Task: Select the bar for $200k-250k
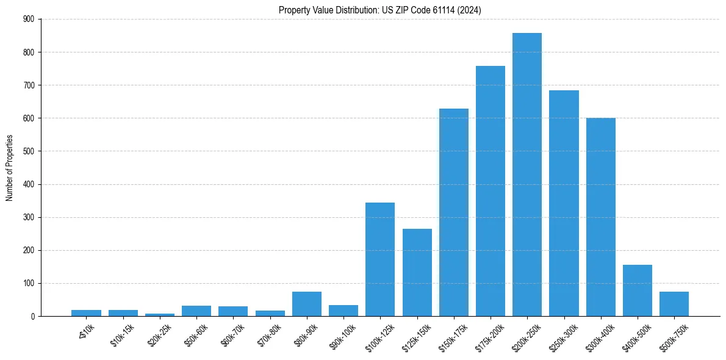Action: (x=527, y=175)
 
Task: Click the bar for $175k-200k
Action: (x=491, y=191)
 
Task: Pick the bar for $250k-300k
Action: (x=564, y=203)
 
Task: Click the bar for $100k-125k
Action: (x=380, y=259)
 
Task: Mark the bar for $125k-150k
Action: (x=417, y=272)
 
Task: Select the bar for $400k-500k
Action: (x=638, y=290)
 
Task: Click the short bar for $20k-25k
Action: (x=160, y=315)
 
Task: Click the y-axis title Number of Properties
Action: (x=9, y=168)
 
